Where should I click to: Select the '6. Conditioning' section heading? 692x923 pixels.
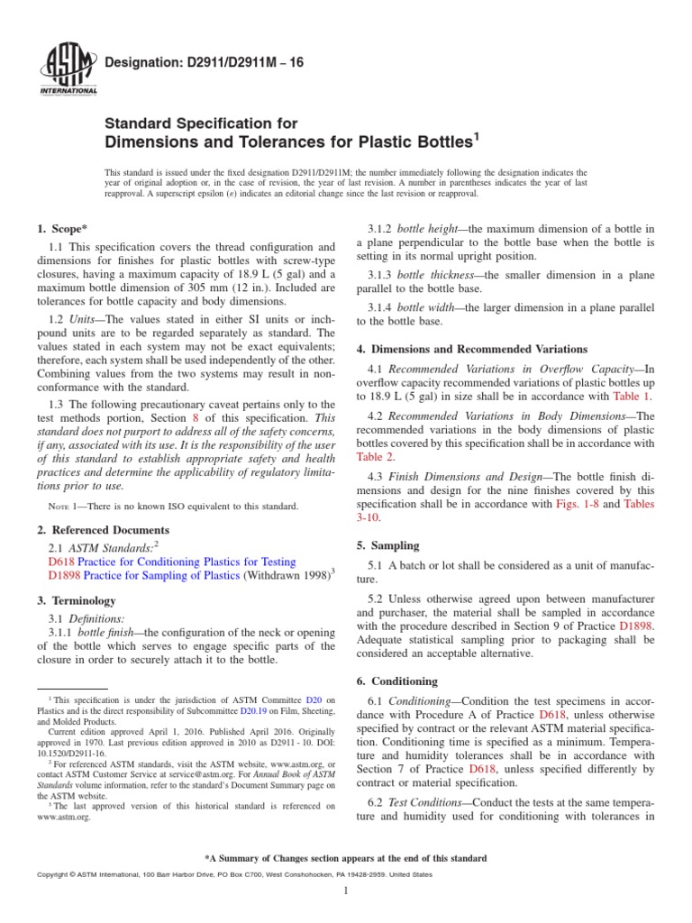(x=398, y=681)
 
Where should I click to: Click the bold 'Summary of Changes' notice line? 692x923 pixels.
(x=346, y=858)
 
